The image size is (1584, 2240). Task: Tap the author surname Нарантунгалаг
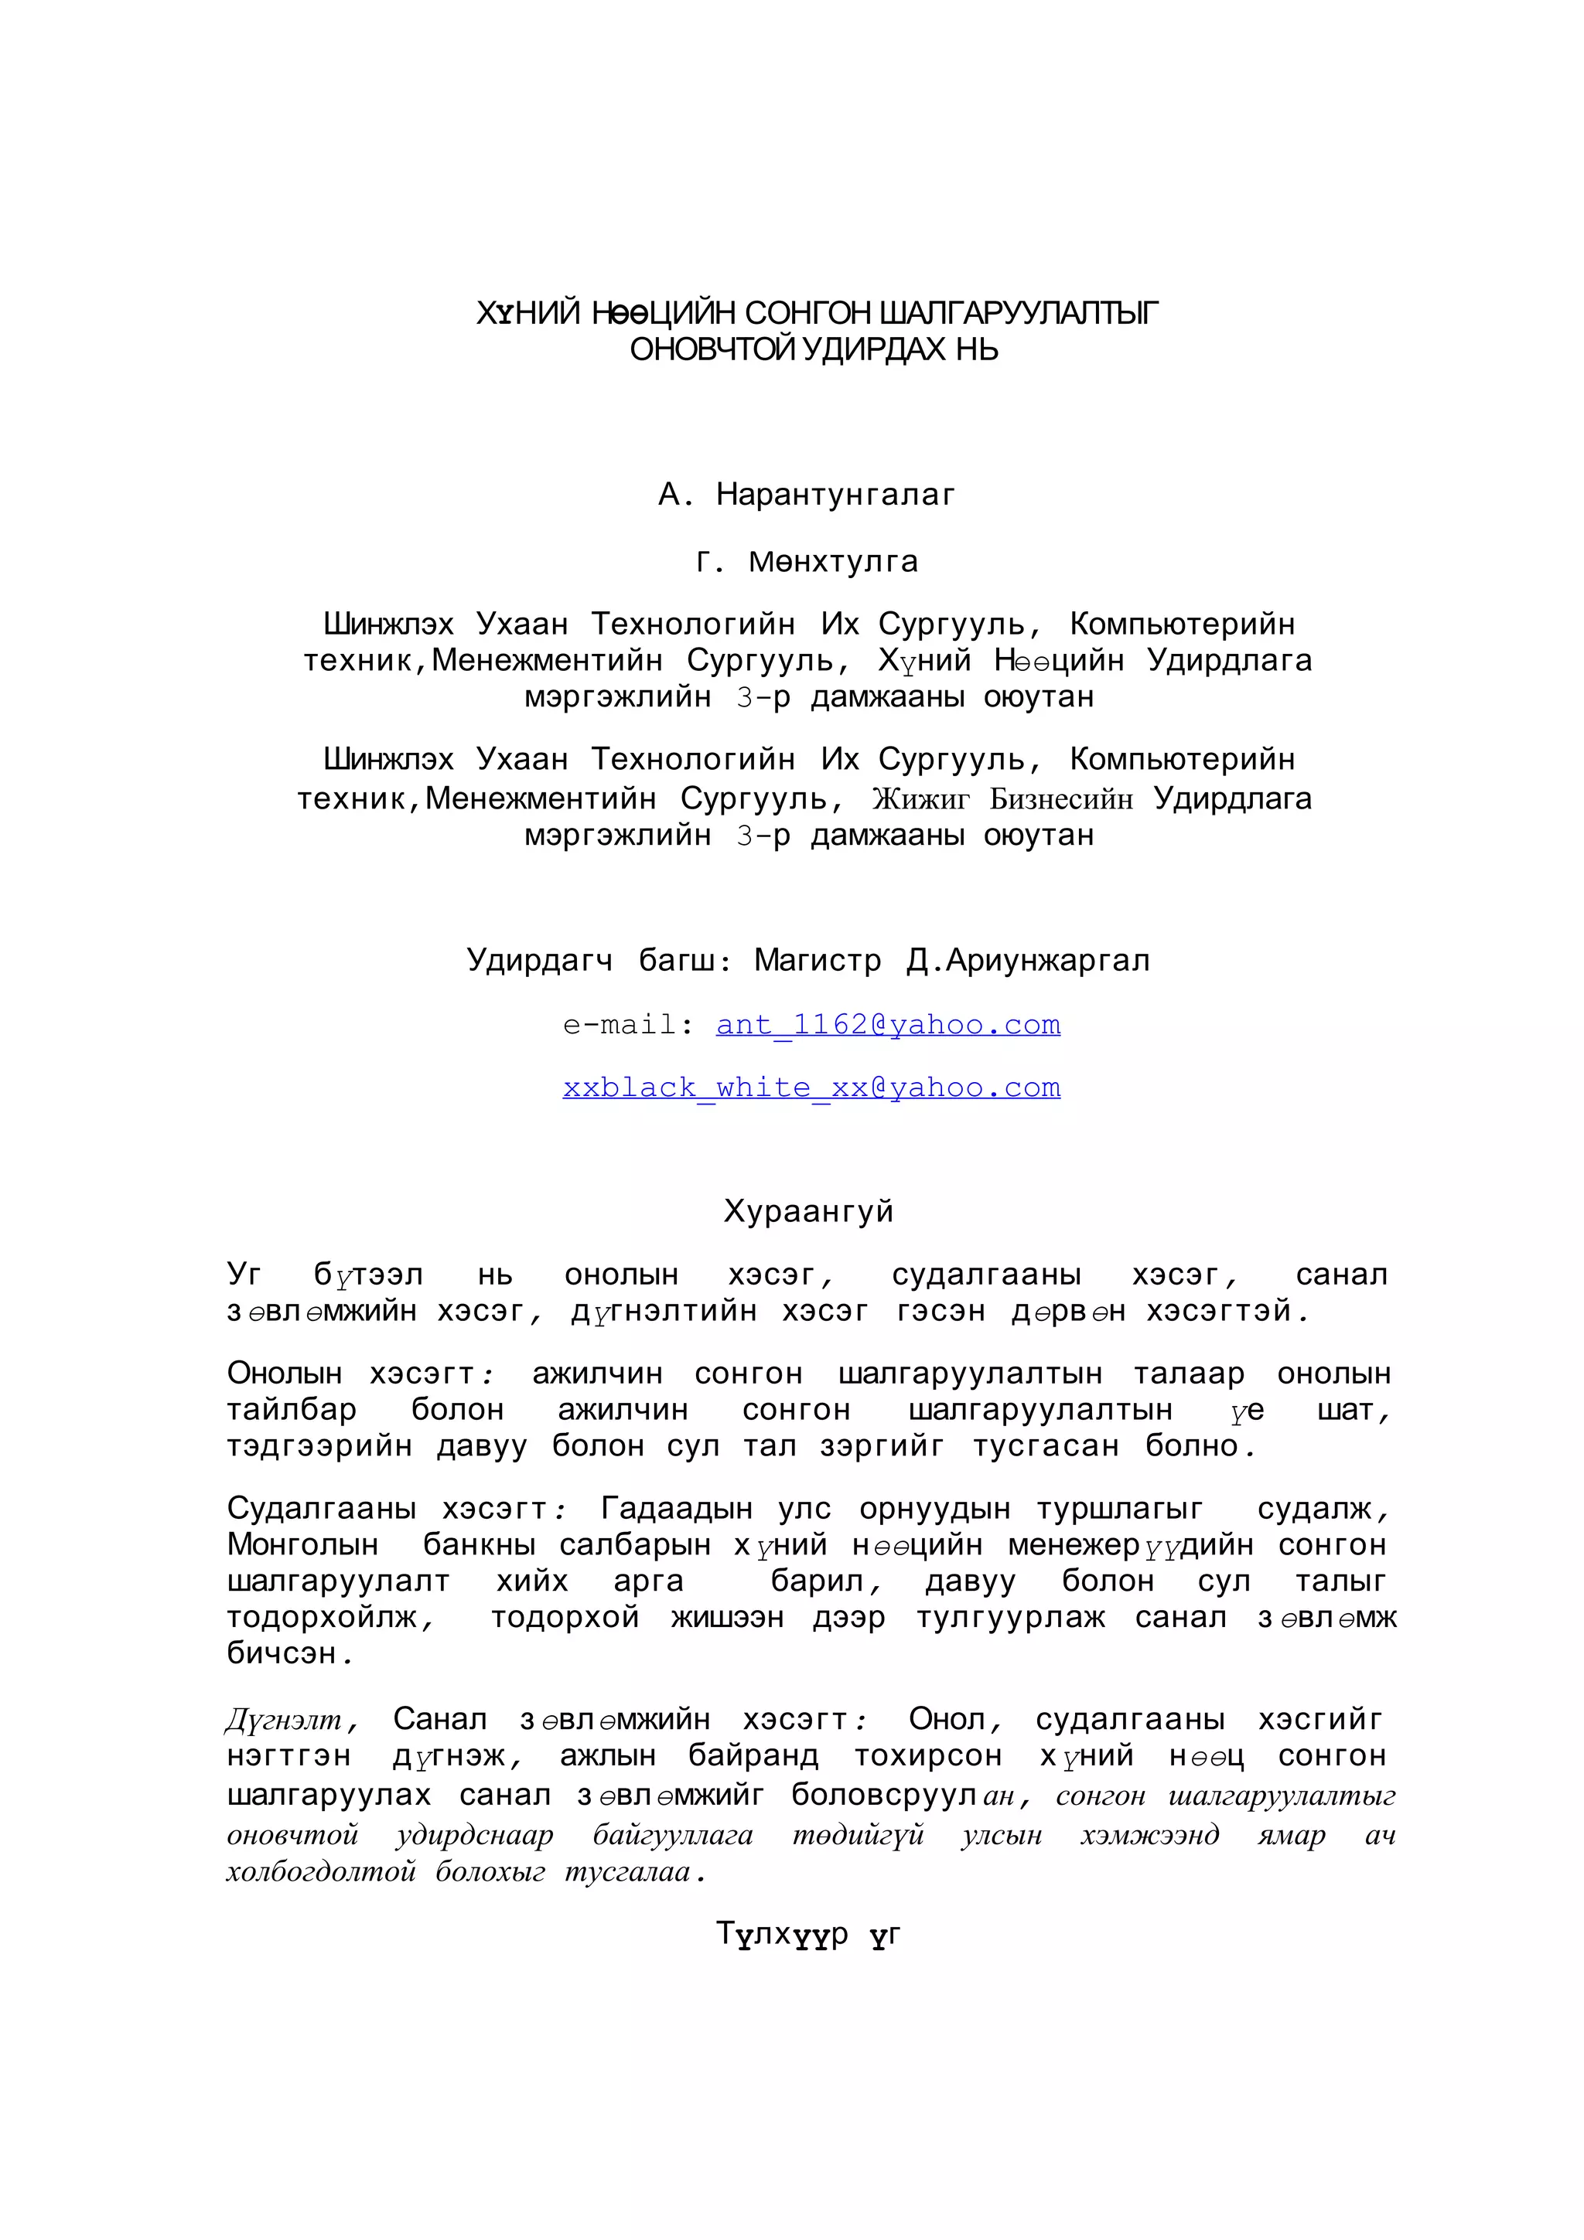point(835,495)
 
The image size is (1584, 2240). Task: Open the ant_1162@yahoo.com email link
point(887,1024)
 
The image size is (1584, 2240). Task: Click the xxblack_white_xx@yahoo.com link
point(811,1087)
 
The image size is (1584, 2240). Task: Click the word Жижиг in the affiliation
point(920,799)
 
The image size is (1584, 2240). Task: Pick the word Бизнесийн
point(1061,799)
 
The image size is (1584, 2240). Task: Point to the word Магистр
point(817,960)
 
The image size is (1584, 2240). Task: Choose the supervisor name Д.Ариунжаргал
point(1028,960)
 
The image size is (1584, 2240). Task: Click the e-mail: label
point(629,1024)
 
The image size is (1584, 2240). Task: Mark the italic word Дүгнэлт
point(284,1719)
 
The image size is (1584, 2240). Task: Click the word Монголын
point(302,1544)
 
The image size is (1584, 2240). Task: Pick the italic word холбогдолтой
point(321,1871)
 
